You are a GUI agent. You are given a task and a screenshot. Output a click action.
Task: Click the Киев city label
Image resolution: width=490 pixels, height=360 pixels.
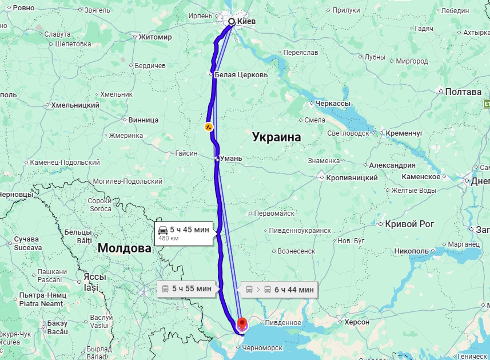246,22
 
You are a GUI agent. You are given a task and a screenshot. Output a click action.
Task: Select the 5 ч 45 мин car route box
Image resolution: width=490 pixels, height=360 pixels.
186,232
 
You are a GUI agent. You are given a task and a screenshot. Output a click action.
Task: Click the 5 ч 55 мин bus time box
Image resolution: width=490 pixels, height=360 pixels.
188,288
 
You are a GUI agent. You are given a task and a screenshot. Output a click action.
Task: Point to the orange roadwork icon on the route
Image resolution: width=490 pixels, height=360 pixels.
209,126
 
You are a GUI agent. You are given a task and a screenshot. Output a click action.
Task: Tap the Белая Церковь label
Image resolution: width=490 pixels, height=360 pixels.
241,75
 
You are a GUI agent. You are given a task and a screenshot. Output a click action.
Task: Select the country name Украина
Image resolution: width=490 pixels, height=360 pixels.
276,137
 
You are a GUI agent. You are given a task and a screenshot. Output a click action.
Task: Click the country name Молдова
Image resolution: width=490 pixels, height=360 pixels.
124,248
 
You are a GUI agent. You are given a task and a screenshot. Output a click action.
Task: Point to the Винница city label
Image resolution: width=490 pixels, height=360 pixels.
143,120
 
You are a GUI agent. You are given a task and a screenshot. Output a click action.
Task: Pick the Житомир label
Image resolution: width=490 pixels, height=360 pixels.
155,37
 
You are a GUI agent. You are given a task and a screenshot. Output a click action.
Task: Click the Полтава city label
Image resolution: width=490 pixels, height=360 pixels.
463,92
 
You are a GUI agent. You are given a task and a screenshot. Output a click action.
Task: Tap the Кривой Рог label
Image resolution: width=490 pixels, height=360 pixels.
410,224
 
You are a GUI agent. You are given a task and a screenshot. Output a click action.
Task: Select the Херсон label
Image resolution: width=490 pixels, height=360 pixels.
357,322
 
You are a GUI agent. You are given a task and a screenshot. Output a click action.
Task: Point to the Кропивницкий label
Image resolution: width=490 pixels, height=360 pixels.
352,178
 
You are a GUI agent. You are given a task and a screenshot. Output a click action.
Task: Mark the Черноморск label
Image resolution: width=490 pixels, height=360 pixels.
262,347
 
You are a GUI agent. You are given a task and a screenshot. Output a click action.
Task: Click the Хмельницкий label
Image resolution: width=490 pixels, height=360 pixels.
75,105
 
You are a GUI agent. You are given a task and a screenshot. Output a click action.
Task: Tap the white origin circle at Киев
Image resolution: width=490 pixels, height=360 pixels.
232,22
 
